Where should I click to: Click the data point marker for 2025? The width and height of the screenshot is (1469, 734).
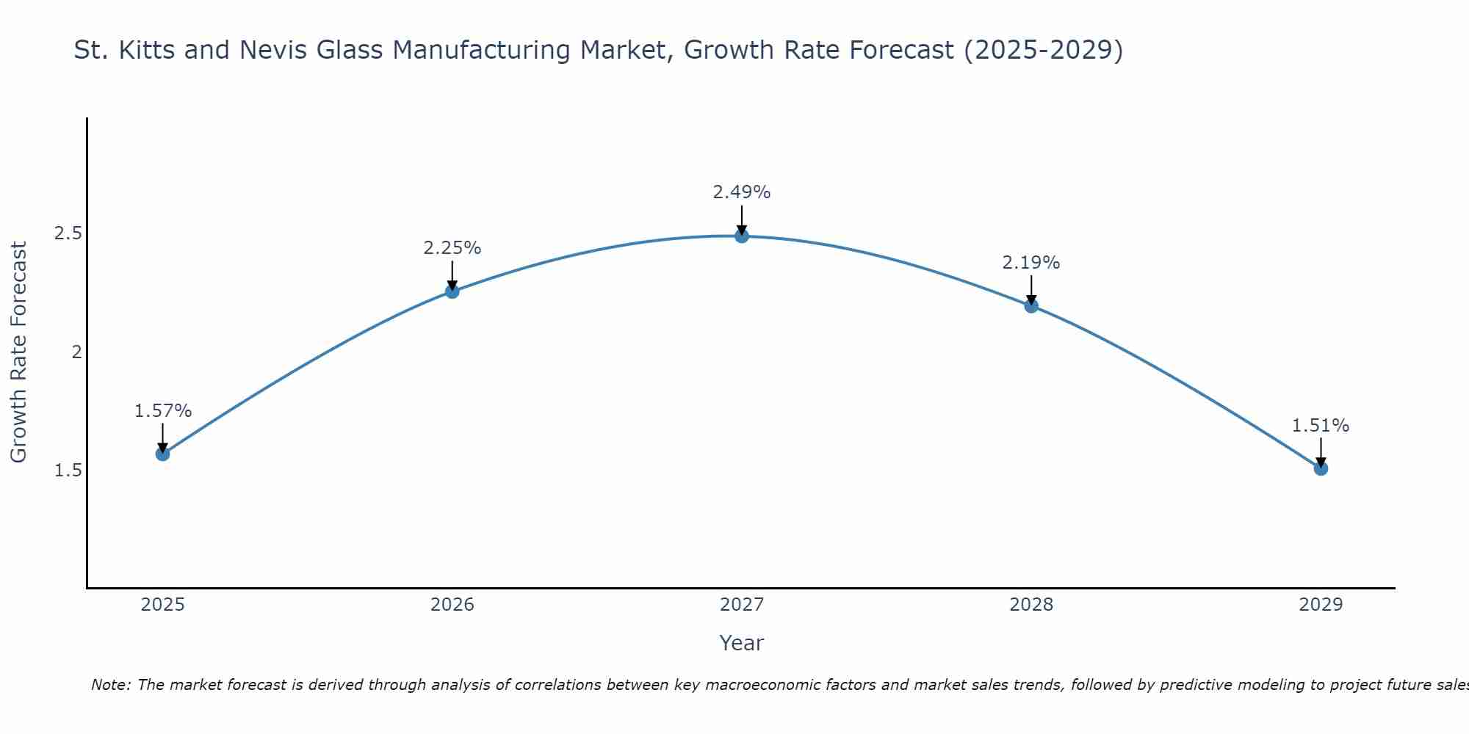click(x=162, y=454)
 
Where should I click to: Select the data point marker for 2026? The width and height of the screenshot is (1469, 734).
click(x=452, y=291)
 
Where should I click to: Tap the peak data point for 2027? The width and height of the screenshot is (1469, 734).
click(x=741, y=236)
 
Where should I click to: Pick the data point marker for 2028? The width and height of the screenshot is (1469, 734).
click(x=1031, y=305)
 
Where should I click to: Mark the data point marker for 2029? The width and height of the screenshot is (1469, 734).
click(x=1321, y=468)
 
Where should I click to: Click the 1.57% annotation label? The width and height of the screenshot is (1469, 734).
click(x=162, y=411)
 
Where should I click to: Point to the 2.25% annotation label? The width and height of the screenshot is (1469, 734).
click(x=452, y=248)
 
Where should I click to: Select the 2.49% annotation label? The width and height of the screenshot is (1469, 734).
click(x=741, y=192)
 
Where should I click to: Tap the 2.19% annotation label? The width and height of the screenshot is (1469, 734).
click(x=1031, y=263)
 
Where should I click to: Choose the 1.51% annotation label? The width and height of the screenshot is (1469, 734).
click(x=1321, y=426)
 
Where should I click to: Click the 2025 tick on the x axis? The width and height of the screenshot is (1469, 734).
click(x=162, y=605)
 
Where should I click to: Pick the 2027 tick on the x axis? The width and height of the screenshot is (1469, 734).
click(x=741, y=605)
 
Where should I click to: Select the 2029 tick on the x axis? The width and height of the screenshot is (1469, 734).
click(x=1321, y=605)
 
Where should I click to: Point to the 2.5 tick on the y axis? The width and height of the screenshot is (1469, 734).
click(x=68, y=233)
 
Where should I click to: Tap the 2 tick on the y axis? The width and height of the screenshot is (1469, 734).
click(x=76, y=352)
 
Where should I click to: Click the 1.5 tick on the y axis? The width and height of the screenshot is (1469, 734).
click(x=68, y=470)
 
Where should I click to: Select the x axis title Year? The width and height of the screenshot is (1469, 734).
click(x=741, y=643)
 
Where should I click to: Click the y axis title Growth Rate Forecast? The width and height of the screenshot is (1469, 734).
click(x=18, y=352)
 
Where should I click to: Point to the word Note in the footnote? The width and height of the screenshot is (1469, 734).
click(x=109, y=685)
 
